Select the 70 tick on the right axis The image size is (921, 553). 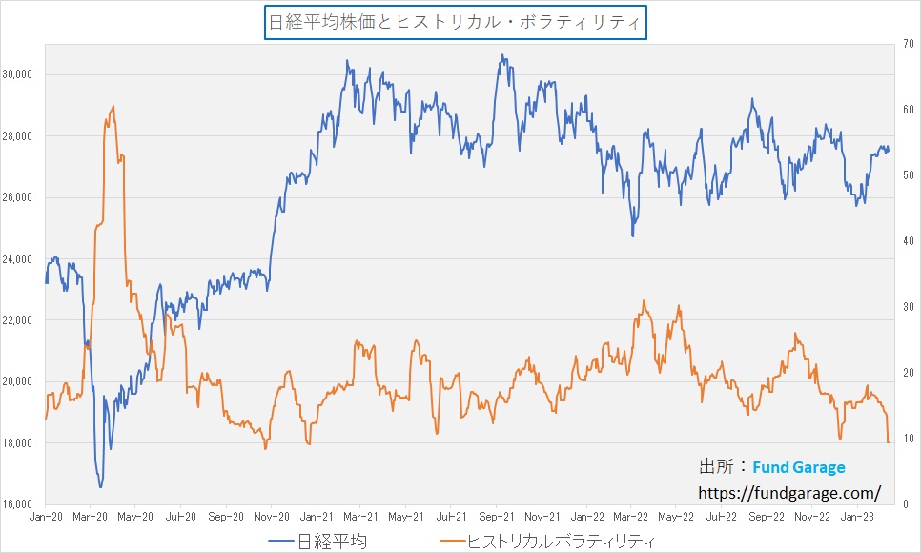click(910, 44)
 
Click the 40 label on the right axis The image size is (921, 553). click(910, 241)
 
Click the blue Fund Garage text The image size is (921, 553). click(798, 468)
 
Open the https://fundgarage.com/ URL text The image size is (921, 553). click(789, 493)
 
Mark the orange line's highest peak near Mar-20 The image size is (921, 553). click(113, 106)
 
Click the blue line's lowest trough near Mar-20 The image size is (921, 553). click(100, 486)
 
